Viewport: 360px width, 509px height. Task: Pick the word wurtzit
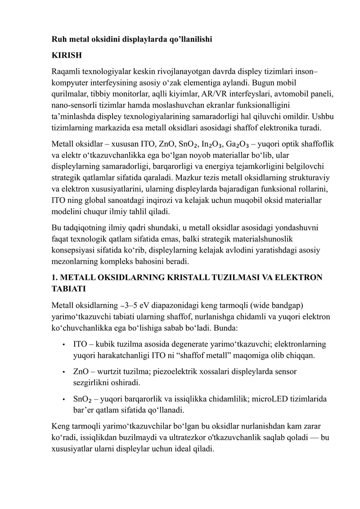[108, 372]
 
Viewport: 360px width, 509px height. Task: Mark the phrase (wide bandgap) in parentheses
[277, 306]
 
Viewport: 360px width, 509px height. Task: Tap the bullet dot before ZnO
[64, 372]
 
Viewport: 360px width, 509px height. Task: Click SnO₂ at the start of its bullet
[82, 399]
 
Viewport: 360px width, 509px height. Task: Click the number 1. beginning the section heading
[55, 277]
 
